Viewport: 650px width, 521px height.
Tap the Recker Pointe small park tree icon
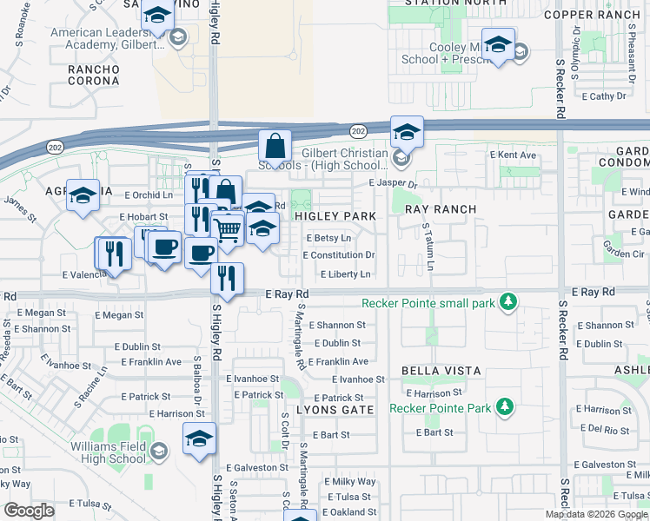(x=509, y=302)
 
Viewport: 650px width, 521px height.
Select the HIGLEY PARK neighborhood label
(x=335, y=215)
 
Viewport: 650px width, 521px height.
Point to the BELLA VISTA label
(x=441, y=371)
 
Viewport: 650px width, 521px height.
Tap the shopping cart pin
(x=228, y=229)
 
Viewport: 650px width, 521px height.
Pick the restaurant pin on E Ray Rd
(x=227, y=279)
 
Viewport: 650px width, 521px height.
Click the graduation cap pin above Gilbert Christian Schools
(x=406, y=133)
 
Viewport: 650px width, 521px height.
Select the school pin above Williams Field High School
(x=199, y=439)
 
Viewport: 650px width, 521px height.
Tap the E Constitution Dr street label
(x=339, y=255)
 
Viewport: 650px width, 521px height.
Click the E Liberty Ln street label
(x=346, y=274)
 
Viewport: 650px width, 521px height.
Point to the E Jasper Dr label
(x=393, y=184)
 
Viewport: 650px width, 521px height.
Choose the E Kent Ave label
(x=513, y=155)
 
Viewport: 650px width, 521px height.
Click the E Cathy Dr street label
(x=607, y=96)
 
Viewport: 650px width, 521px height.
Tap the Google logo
(x=29, y=511)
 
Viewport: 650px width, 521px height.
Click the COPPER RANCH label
(x=591, y=15)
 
